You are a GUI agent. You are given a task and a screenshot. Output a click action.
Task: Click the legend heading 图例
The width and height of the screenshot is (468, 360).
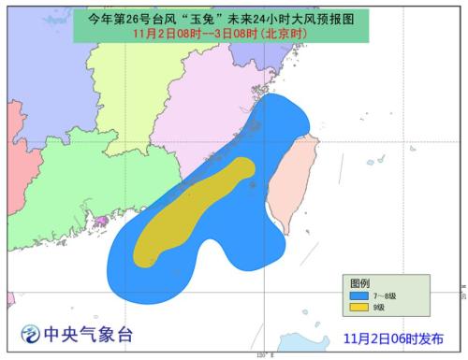359,282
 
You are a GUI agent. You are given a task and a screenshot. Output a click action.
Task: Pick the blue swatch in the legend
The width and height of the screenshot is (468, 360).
359,295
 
